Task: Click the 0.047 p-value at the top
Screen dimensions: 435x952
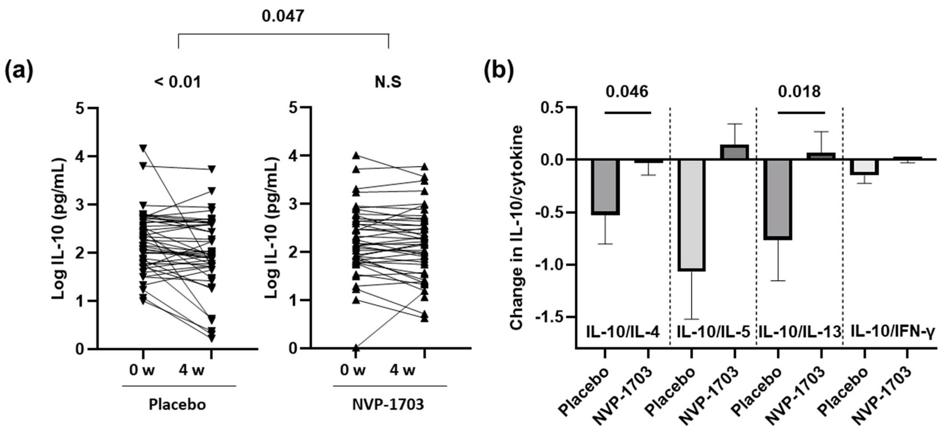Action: click(x=283, y=16)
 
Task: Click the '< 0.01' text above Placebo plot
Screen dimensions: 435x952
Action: click(x=178, y=82)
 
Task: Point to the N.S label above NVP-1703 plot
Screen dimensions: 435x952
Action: click(x=388, y=82)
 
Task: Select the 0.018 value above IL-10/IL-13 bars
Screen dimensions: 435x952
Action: click(x=799, y=92)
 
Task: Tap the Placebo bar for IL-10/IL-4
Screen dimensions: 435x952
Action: click(x=605, y=187)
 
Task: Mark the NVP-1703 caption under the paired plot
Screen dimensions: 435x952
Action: click(x=388, y=404)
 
